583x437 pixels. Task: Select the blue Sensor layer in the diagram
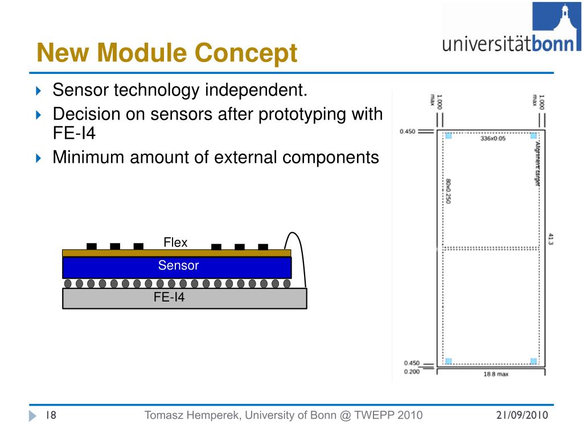pyautogui.click(x=177, y=266)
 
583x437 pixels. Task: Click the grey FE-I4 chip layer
pyautogui.click(x=184, y=298)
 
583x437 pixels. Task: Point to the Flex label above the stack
pyautogui.click(x=175, y=243)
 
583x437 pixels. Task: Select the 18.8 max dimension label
pyautogui.click(x=491, y=374)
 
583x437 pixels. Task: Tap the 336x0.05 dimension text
pyautogui.click(x=493, y=138)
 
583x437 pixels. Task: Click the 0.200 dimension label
pyautogui.click(x=411, y=372)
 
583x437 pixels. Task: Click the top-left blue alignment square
pyautogui.click(x=448, y=135)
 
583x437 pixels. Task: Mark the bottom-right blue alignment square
pyautogui.click(x=533, y=361)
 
